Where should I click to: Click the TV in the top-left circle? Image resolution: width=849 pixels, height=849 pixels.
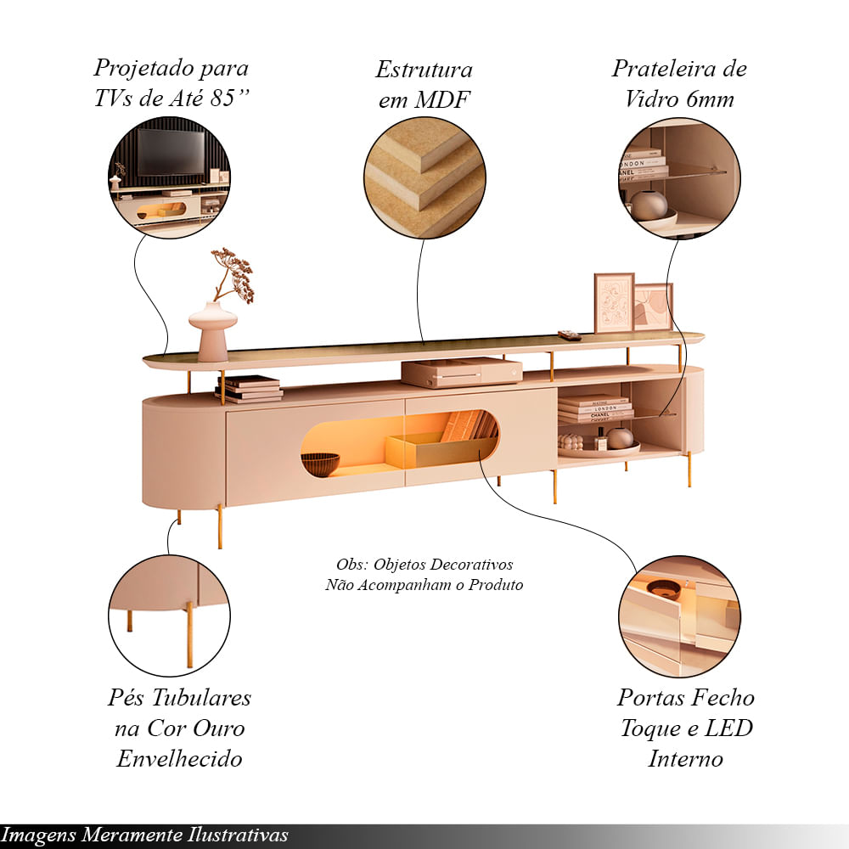coord(171,151)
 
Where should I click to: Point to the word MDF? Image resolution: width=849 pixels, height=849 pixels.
coord(441,100)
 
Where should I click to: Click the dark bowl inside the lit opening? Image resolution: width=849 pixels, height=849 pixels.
coord(320,464)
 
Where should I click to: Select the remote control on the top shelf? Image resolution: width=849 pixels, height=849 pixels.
coord(569,335)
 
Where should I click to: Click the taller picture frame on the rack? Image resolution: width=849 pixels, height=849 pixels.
coord(614,302)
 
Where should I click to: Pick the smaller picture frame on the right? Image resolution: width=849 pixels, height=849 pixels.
coord(654,307)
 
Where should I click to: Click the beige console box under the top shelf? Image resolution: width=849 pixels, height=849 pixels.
coord(462,371)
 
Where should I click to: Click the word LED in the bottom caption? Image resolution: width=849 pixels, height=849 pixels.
coord(731,728)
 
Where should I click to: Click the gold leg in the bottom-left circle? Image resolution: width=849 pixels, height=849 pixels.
coord(188,633)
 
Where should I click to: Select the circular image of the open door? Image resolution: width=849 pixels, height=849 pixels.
coord(679,616)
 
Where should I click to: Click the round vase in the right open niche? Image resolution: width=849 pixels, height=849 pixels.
coord(620,438)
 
